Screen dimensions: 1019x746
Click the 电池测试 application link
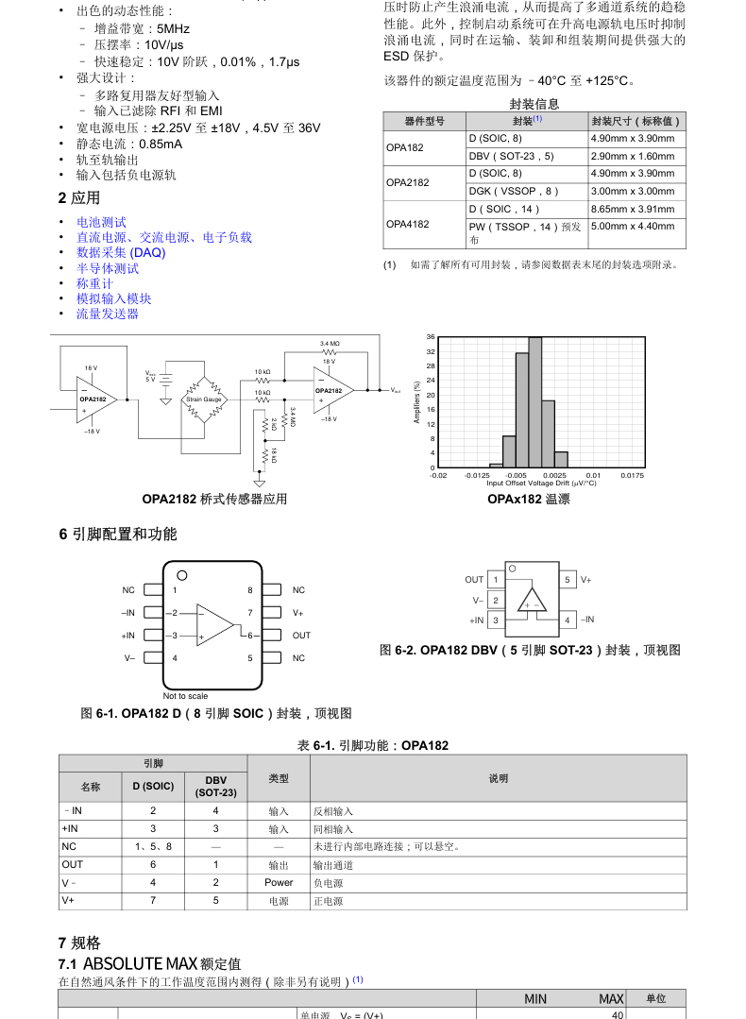101,222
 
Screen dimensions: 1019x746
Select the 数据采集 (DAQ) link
121,252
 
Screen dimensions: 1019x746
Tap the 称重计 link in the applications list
94,283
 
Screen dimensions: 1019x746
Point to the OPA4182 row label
407,225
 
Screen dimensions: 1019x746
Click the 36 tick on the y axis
431,337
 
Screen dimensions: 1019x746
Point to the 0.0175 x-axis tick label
632,476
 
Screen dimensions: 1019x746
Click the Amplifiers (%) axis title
417,402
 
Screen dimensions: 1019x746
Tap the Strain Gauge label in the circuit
203,399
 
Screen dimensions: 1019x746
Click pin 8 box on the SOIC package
272,590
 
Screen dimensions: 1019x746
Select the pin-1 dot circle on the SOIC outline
182,575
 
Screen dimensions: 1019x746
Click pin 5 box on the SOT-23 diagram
568,580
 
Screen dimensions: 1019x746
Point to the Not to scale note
185,696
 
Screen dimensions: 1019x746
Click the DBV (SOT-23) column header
215,786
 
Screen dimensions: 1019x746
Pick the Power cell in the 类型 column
279,883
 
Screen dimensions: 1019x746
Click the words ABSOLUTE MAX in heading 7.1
141,963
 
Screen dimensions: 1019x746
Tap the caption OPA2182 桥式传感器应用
214,499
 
